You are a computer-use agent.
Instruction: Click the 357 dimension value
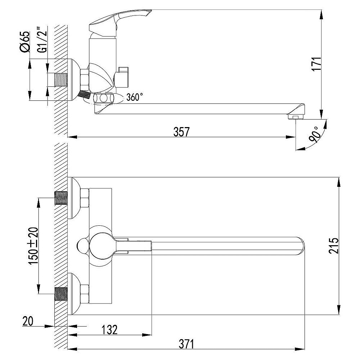tap(181, 132)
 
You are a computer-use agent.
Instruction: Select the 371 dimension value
tap(186, 344)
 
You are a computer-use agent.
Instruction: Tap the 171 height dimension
tap(317, 64)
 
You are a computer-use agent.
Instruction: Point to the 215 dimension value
tap(334, 246)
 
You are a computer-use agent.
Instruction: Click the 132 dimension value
tap(109, 330)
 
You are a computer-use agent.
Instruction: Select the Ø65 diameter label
tap(25, 41)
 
